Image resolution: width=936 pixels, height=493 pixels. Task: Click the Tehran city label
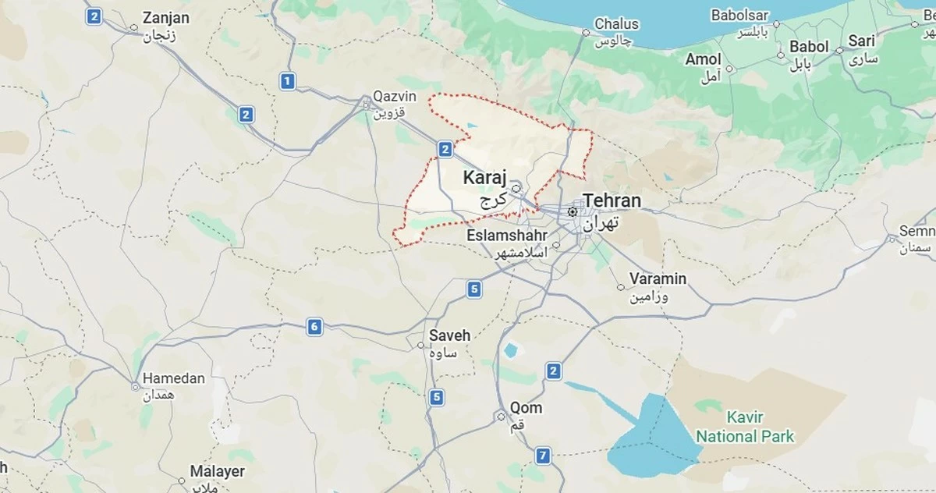point(612,201)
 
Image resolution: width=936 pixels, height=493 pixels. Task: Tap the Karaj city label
point(484,178)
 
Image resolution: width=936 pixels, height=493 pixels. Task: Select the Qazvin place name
point(395,97)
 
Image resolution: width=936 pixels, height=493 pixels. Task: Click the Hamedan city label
point(173,379)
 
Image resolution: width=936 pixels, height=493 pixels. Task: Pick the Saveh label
point(450,336)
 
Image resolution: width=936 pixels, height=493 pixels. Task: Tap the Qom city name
point(526,408)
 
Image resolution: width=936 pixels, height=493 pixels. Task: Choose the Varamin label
point(658,279)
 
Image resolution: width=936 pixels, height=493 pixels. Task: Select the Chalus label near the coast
point(616,24)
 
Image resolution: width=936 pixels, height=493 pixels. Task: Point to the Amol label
point(704,59)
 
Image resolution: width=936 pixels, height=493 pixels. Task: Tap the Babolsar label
point(739,16)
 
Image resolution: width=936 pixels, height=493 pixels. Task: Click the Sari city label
point(862,41)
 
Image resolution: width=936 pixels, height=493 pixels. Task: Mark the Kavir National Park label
point(745,427)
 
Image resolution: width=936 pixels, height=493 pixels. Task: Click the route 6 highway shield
point(314,327)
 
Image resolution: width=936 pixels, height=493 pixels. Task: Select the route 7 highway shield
point(544,456)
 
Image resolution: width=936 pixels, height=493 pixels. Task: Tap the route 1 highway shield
point(288,80)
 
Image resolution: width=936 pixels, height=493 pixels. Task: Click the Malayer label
point(218,472)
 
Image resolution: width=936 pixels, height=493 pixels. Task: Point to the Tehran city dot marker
point(573,211)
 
